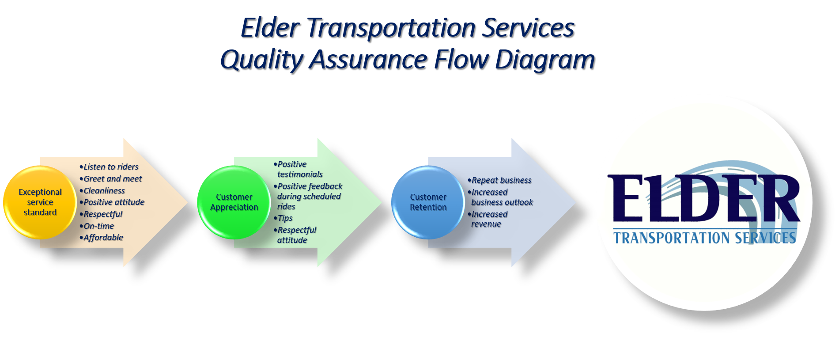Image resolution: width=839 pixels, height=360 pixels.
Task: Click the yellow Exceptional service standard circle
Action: point(40,202)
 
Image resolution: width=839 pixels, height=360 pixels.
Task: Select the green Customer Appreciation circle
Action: point(234,202)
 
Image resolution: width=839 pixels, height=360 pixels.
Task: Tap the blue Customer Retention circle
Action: point(428,202)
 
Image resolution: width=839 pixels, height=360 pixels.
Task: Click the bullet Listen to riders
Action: point(109,167)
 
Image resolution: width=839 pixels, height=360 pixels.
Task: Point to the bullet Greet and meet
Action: point(111,179)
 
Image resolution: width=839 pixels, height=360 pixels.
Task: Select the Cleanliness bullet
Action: point(102,191)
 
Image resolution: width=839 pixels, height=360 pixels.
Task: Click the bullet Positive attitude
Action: point(112,202)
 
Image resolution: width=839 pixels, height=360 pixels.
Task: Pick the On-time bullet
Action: point(97,226)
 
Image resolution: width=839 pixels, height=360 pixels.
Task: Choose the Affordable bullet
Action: point(101,238)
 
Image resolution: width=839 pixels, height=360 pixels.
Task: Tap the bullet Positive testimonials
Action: point(298,169)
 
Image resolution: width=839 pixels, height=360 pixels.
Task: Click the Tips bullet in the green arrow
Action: point(283,218)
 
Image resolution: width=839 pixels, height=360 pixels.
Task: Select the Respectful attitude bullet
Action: point(295,235)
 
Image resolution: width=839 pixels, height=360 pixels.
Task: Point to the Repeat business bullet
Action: point(500,180)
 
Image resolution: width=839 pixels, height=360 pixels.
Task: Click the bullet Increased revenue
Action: point(488,219)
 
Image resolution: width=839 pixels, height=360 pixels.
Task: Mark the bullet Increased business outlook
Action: point(500,197)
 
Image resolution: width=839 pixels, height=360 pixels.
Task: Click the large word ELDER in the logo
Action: point(703,198)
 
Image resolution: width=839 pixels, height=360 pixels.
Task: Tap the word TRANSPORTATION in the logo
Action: point(672,238)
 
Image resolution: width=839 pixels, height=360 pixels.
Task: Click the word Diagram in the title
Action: point(545,60)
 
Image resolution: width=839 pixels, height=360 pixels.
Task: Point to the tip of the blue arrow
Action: point(576,202)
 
